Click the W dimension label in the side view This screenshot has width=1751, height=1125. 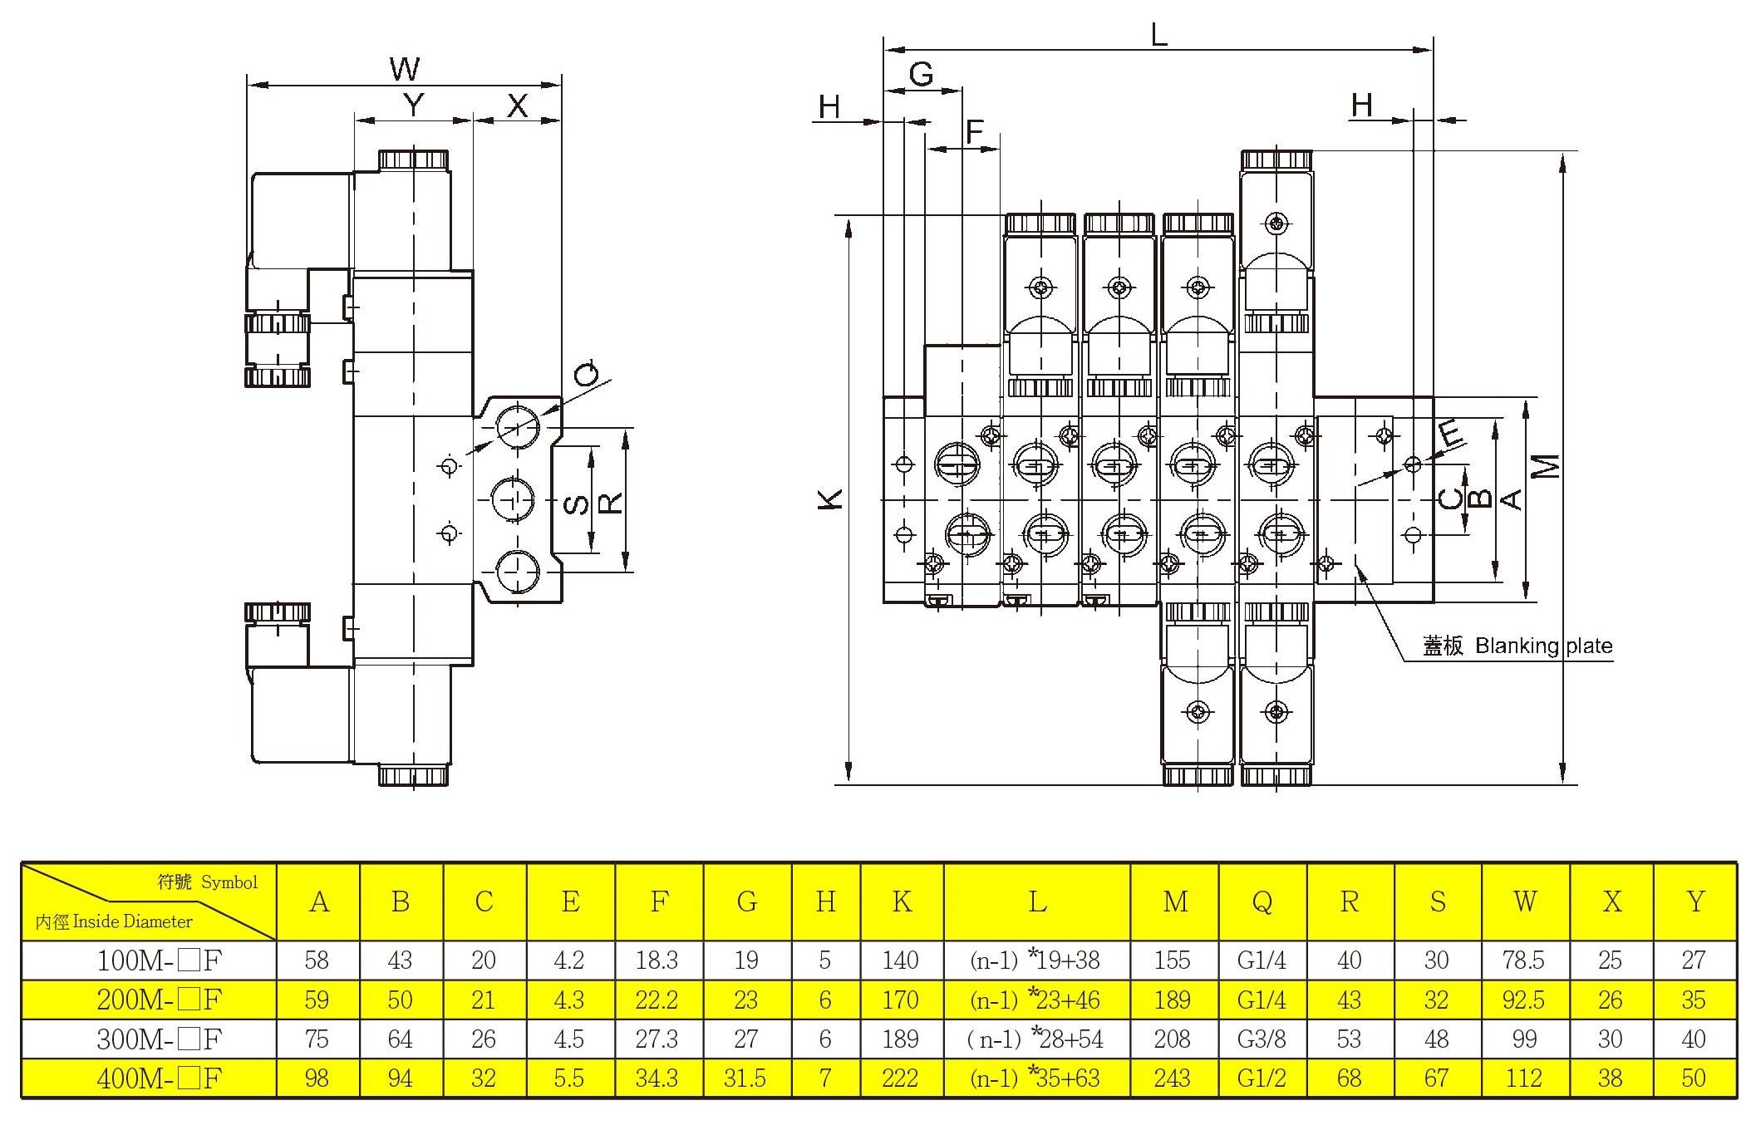[x=405, y=69]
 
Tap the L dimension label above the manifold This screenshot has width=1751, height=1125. [x=1159, y=34]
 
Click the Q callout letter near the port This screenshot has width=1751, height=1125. [x=588, y=373]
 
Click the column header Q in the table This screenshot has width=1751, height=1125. [x=1262, y=902]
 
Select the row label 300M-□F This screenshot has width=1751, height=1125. [x=159, y=1039]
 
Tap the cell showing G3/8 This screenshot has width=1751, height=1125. [x=1262, y=1039]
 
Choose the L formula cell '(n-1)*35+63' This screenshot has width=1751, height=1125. [x=1035, y=1078]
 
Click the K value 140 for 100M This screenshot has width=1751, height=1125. [x=901, y=960]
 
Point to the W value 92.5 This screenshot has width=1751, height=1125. [x=1523, y=1000]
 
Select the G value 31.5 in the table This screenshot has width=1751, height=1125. [x=745, y=1078]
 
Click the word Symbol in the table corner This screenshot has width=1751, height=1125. [x=229, y=882]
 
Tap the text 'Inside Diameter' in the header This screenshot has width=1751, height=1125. [x=133, y=921]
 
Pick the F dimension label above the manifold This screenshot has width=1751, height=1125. [x=974, y=130]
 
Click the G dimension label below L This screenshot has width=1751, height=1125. [x=921, y=75]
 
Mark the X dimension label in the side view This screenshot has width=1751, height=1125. [x=517, y=106]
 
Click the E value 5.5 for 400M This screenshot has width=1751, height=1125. [x=569, y=1078]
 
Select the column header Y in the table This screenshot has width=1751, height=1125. [x=1695, y=902]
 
